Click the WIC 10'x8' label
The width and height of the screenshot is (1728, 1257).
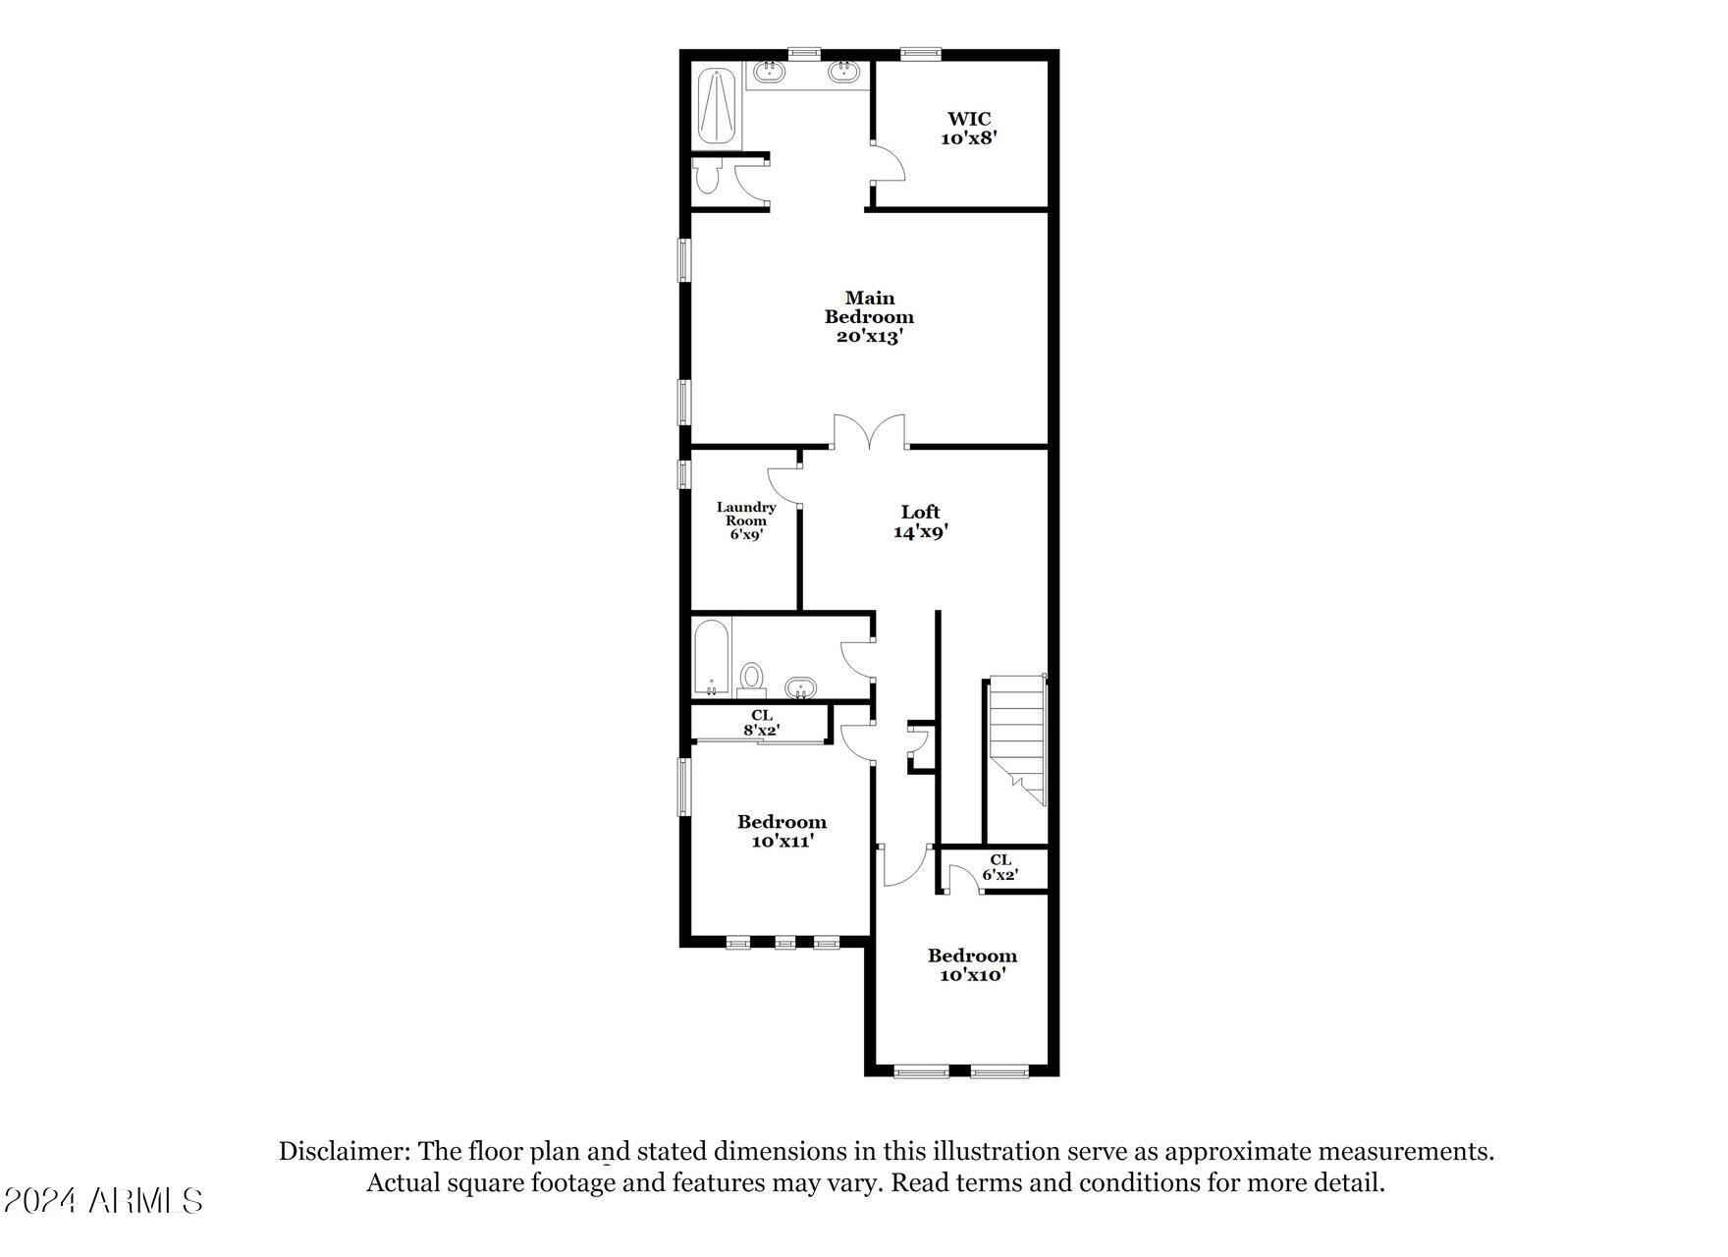[969, 129]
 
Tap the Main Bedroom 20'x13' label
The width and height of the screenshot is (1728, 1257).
[869, 316]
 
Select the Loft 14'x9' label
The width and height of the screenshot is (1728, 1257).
[920, 521]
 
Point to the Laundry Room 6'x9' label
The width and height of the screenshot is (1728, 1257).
[746, 520]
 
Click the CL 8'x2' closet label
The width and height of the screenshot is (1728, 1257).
[761, 723]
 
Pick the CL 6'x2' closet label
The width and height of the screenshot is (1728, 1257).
[999, 867]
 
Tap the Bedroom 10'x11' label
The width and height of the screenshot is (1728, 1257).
[782, 831]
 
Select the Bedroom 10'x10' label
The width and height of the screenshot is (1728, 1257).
[972, 964]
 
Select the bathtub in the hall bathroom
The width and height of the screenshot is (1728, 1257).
[712, 658]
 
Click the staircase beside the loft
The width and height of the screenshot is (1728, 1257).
[1017, 738]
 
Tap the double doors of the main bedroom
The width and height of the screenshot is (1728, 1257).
[869, 432]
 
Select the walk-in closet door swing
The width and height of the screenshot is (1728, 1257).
[887, 162]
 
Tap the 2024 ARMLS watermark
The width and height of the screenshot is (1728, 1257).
[103, 1200]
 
